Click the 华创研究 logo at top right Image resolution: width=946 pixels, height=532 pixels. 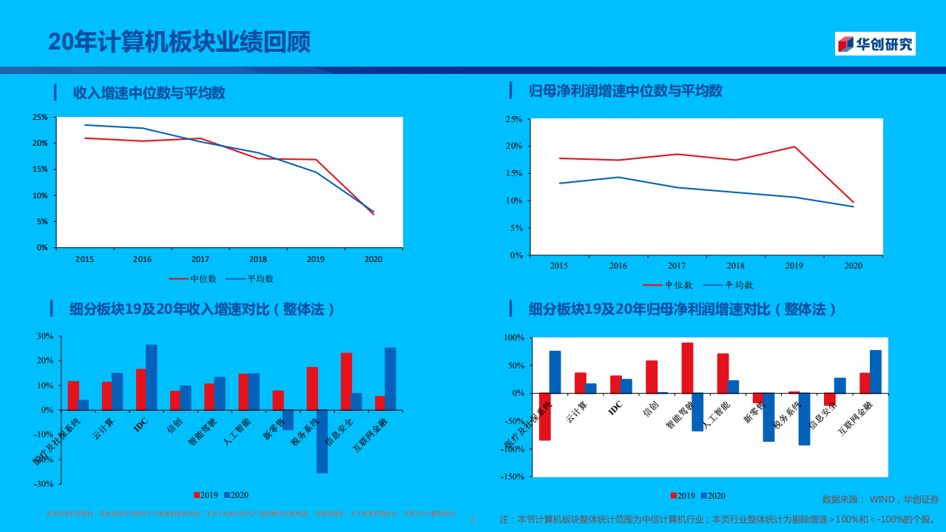tap(875, 44)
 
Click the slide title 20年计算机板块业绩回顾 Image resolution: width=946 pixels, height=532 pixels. tap(180, 42)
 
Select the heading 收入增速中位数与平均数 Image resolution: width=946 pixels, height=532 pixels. tap(149, 93)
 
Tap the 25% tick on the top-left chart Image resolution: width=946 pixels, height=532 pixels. tap(40, 117)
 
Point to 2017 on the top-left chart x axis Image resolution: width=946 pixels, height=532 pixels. tap(200, 259)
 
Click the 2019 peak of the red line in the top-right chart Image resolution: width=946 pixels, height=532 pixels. tap(794, 147)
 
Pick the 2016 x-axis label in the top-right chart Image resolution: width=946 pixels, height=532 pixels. tap(618, 266)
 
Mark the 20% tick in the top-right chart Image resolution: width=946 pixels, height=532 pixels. tap(513, 147)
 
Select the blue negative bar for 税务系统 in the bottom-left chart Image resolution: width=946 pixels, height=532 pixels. tap(322, 441)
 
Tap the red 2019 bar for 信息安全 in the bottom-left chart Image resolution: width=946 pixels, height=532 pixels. tap(346, 381)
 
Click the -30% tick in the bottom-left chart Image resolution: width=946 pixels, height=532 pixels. tap(44, 484)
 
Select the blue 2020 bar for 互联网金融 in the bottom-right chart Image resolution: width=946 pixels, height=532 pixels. tap(876, 371)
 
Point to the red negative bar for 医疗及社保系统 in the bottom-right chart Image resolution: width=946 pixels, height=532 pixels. tap(544, 417)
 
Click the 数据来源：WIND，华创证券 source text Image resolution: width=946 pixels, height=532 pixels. tap(880, 499)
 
